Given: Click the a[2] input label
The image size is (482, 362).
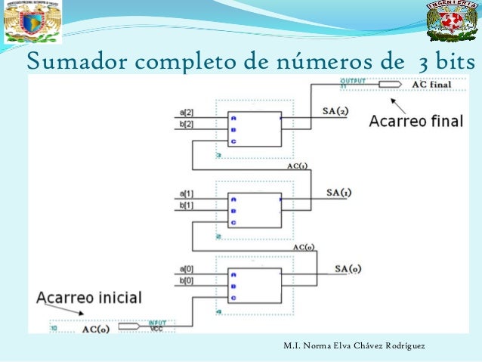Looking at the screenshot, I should pos(187,112).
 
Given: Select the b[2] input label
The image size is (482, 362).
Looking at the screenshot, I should pos(187,122).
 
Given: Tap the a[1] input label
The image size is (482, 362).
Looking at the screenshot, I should pos(187,193).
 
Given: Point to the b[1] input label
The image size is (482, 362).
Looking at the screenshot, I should pos(187,204).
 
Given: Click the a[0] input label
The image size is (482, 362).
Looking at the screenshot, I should pos(187,269).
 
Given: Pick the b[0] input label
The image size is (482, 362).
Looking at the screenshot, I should pos(187,280).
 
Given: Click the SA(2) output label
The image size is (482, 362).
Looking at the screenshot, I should pos(335,112).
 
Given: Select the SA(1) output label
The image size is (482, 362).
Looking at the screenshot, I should pos(338,193).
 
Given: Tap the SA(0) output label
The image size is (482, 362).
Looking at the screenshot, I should pos(348,269).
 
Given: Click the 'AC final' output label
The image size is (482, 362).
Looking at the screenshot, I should pos(432,84).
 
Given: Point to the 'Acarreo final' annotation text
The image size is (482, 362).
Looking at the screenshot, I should pos(416,122).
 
